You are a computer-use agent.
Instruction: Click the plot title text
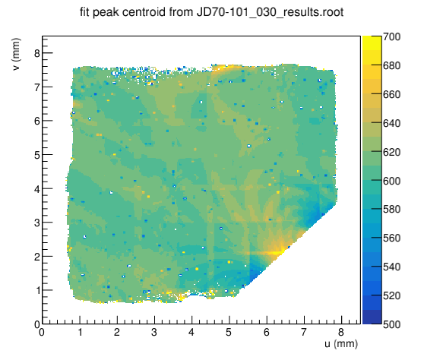[x=212, y=12]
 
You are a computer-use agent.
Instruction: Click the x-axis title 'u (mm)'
[x=341, y=344]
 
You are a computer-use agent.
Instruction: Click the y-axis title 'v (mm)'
[x=16, y=55]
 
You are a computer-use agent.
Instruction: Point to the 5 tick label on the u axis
[x=229, y=332]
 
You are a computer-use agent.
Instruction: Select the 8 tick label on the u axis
[x=341, y=332]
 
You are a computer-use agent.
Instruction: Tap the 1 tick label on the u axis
[x=80, y=332]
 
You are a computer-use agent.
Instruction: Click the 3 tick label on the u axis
[x=154, y=332]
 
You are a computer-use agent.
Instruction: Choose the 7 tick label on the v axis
[x=37, y=87]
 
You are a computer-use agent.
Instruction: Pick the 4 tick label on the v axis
[x=37, y=188]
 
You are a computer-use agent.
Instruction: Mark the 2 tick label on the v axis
[x=37, y=257]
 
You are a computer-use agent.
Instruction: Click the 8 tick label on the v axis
[x=37, y=53]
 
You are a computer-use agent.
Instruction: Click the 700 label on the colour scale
[x=392, y=36]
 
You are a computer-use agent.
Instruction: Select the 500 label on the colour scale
[x=392, y=324]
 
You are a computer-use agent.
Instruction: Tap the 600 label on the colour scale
[x=392, y=181]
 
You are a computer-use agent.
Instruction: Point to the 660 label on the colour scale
[x=392, y=94]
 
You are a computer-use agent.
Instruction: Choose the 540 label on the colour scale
[x=392, y=267]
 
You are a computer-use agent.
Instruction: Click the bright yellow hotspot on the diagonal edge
[x=279, y=250]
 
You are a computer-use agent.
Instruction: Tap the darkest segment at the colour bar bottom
[x=372, y=317]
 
